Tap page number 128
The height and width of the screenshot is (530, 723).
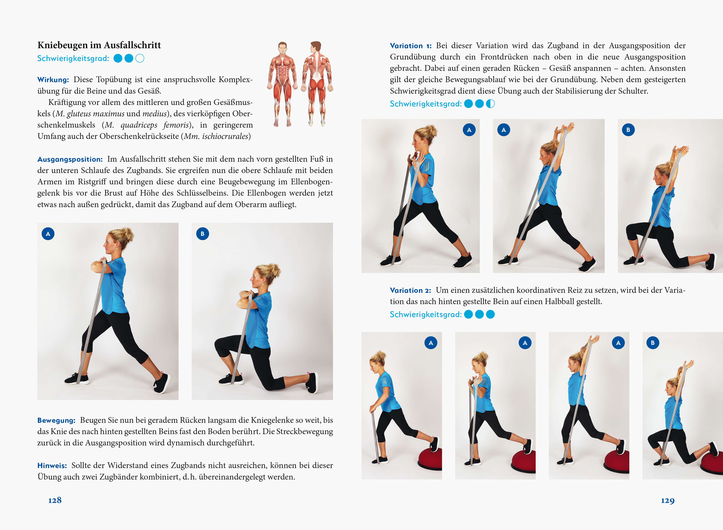pyautogui.click(x=55, y=500)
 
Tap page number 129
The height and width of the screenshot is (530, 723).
pyautogui.click(x=668, y=501)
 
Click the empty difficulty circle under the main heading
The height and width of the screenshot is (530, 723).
pyautogui.click(x=140, y=58)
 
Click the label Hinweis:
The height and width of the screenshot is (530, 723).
pyautogui.click(x=52, y=465)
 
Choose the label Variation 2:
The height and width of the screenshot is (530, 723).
pyautogui.click(x=410, y=290)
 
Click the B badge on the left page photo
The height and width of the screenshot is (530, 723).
pyautogui.click(x=202, y=234)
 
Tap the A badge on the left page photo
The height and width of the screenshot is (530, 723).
pyautogui.click(x=48, y=234)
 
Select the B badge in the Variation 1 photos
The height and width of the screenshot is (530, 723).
pyautogui.click(x=628, y=130)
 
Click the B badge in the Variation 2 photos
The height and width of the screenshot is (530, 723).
pyautogui.click(x=653, y=343)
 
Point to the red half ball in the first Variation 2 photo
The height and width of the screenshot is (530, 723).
pyautogui.click(x=430, y=459)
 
